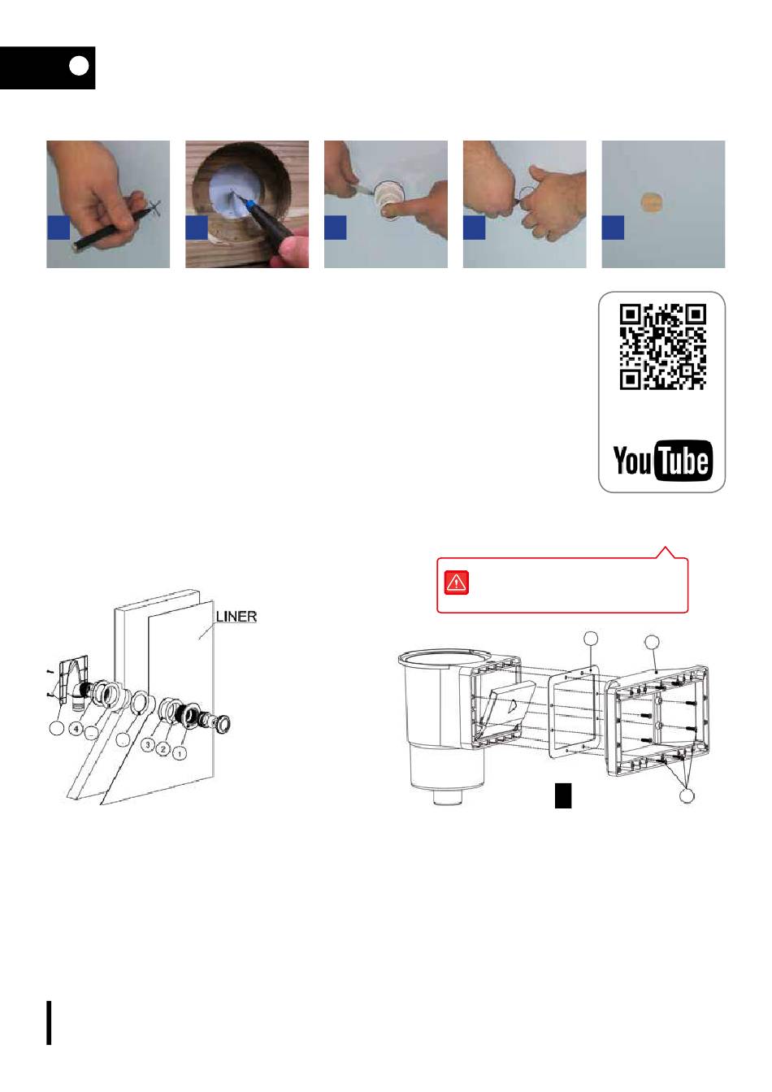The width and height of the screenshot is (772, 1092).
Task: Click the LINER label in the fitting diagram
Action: [236, 616]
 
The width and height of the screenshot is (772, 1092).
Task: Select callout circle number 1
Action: [180, 753]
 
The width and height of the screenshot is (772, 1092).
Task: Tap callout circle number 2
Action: [163, 749]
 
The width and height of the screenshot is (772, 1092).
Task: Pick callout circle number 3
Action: [148, 744]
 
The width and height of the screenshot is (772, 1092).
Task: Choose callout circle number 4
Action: [76, 729]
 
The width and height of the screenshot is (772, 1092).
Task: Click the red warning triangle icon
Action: [456, 582]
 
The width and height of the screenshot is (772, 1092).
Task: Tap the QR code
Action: [663, 347]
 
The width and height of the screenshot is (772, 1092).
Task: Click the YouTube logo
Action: [662, 460]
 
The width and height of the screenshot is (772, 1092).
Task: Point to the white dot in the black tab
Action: [79, 66]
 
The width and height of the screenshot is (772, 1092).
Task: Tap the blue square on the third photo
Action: [336, 227]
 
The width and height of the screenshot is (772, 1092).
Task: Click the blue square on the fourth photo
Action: [474, 227]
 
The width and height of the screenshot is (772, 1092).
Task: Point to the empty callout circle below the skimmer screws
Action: [687, 795]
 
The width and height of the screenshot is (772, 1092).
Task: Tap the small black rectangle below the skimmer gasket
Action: [563, 795]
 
